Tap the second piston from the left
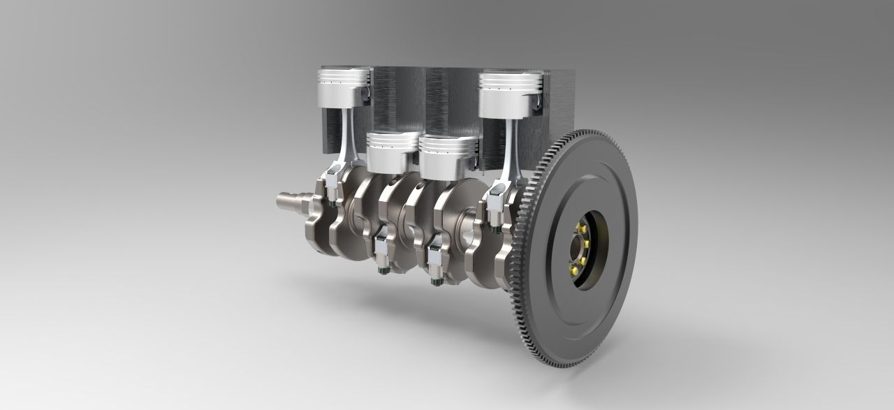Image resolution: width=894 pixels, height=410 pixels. click(393, 152)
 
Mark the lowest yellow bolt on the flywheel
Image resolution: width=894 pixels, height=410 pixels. click(573, 270)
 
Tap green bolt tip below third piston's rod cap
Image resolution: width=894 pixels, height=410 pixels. click(436, 281)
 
